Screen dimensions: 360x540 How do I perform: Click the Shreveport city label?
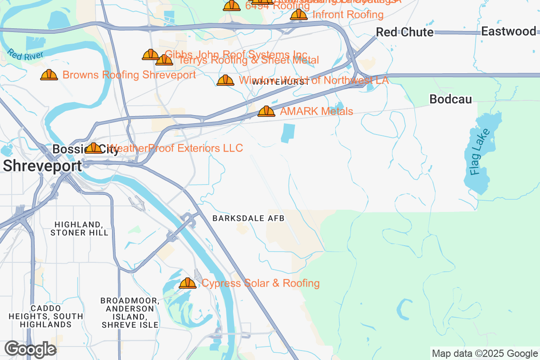[x=42, y=166]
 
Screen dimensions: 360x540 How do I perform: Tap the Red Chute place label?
[x=405, y=32]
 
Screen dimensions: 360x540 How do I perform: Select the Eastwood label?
[x=508, y=31]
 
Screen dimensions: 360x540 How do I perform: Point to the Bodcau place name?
[x=450, y=99]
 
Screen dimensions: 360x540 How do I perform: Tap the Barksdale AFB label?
[x=249, y=218]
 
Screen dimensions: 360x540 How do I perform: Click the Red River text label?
[x=25, y=55]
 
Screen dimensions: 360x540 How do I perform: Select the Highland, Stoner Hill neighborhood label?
[x=79, y=229]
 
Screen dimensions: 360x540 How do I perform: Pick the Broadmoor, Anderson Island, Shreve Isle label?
[x=130, y=312]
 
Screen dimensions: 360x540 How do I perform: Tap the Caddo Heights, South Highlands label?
[x=45, y=316]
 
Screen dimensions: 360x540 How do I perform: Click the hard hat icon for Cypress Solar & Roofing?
[x=188, y=283]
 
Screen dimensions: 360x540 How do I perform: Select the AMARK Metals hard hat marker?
[x=266, y=111]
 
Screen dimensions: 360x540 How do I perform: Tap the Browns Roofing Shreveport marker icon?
[x=49, y=75]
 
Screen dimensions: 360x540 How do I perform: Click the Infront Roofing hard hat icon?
[x=299, y=14]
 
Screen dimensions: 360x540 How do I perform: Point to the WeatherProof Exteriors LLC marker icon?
[x=94, y=148]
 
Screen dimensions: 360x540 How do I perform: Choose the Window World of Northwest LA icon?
[x=225, y=81]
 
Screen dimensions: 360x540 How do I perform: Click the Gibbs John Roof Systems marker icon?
[x=150, y=54]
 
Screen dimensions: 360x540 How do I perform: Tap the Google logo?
[x=30, y=349]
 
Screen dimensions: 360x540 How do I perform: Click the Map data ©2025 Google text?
[x=485, y=353]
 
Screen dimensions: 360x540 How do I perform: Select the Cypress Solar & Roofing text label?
[x=261, y=283]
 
